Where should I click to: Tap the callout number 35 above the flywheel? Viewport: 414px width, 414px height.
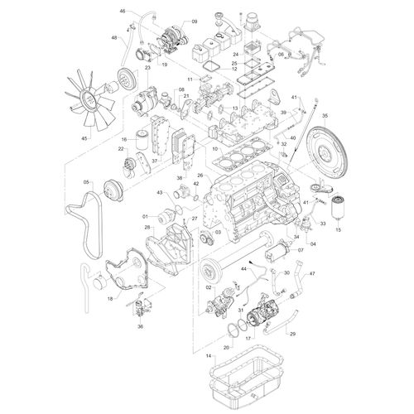click(x=325, y=116)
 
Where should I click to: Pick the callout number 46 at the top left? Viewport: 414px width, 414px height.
click(x=123, y=11)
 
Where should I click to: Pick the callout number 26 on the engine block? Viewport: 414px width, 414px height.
click(x=200, y=176)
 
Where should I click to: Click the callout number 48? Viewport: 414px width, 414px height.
click(x=113, y=38)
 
